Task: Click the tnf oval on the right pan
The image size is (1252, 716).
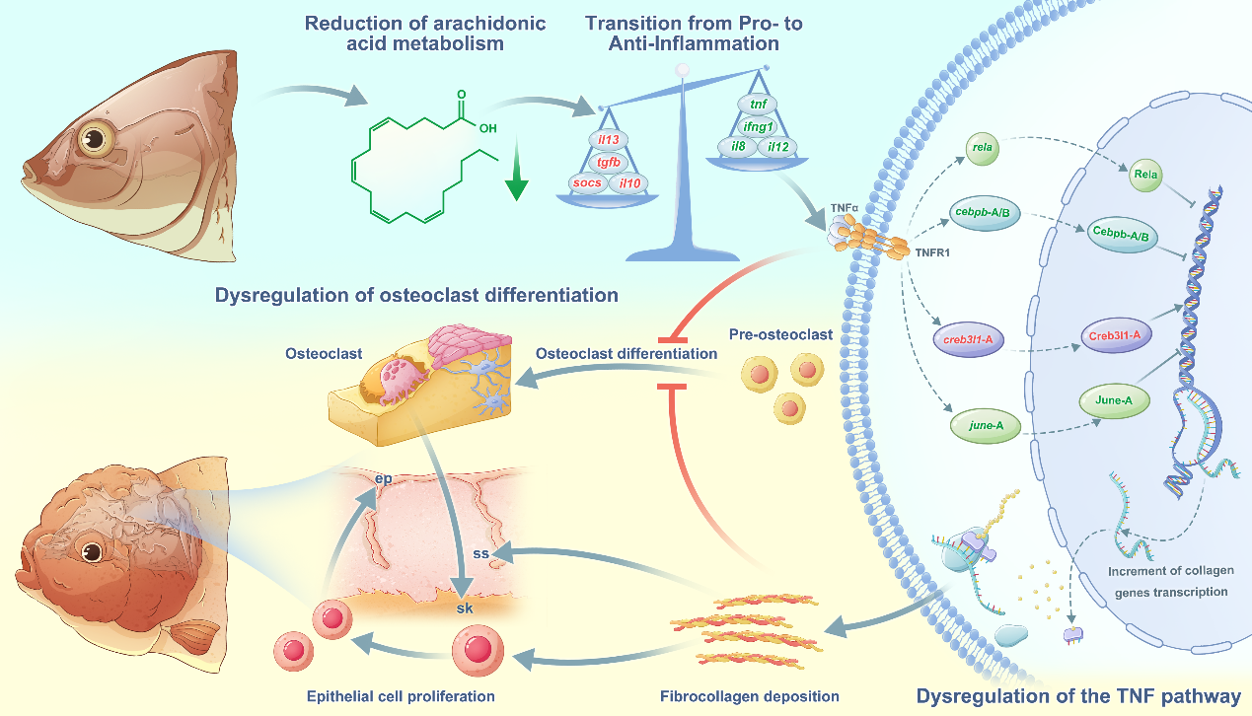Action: (x=758, y=105)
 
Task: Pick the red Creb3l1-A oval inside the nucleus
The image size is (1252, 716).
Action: (x=1116, y=335)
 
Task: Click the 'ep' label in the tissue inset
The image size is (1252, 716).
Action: (x=385, y=479)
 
